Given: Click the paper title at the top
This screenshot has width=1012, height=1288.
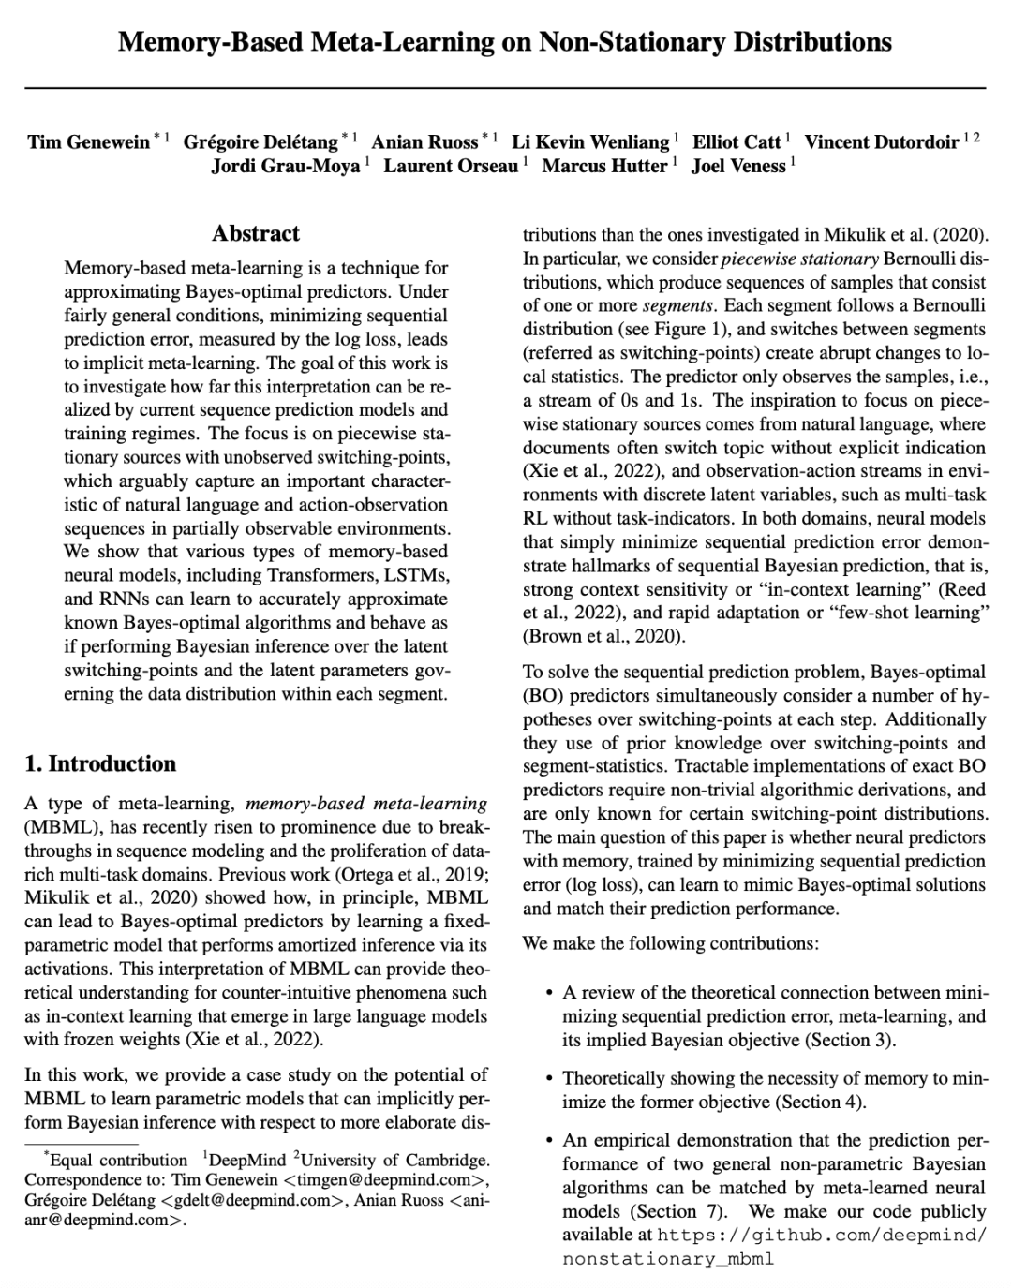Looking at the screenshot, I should tap(505, 42).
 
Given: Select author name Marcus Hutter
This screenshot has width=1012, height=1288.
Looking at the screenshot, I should tap(604, 167).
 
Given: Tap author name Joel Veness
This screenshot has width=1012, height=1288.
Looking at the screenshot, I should tap(738, 167).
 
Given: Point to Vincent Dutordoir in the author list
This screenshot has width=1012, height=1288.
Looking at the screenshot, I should tap(881, 142).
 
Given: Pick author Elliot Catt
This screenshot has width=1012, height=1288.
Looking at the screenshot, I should tap(736, 142).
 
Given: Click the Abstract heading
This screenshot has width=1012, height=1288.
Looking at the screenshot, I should tap(256, 233).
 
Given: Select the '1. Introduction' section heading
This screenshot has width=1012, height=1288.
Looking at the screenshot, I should tap(100, 763).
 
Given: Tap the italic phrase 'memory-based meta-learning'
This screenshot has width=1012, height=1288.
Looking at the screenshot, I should tap(366, 804).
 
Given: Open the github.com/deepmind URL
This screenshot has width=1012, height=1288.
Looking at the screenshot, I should tap(822, 1236).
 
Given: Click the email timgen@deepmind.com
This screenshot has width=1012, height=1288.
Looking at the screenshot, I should tap(381, 1179).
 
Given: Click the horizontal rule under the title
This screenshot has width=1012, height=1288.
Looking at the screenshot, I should tap(505, 88).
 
